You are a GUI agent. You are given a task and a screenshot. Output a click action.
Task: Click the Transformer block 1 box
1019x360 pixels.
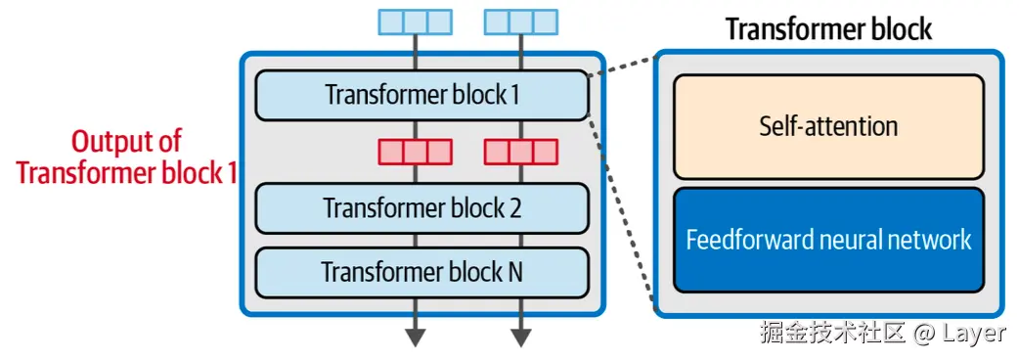point(421,95)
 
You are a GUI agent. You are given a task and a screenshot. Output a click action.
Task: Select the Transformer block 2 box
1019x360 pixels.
point(421,208)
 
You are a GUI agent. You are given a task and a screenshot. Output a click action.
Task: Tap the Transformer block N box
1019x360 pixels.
point(421,271)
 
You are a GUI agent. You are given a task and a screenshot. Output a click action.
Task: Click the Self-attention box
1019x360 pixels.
point(827,126)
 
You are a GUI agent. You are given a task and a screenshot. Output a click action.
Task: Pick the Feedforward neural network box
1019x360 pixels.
point(827,240)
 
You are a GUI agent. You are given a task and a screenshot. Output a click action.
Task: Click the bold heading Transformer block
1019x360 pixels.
point(828,28)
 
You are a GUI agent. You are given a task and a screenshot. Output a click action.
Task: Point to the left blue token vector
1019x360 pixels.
point(415,22)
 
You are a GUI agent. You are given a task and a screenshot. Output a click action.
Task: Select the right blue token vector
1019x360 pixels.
point(520,22)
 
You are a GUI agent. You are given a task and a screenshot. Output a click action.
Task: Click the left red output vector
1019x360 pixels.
point(415,152)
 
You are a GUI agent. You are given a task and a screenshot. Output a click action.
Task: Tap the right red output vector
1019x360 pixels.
point(520,152)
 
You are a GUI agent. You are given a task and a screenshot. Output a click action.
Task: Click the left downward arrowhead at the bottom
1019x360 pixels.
point(416,337)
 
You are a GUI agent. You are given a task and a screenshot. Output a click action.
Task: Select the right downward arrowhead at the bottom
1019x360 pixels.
point(520,337)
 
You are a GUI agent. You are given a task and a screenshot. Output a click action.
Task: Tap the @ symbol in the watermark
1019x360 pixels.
point(924,333)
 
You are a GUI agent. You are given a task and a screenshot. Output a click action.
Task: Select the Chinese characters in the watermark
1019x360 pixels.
point(833,333)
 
